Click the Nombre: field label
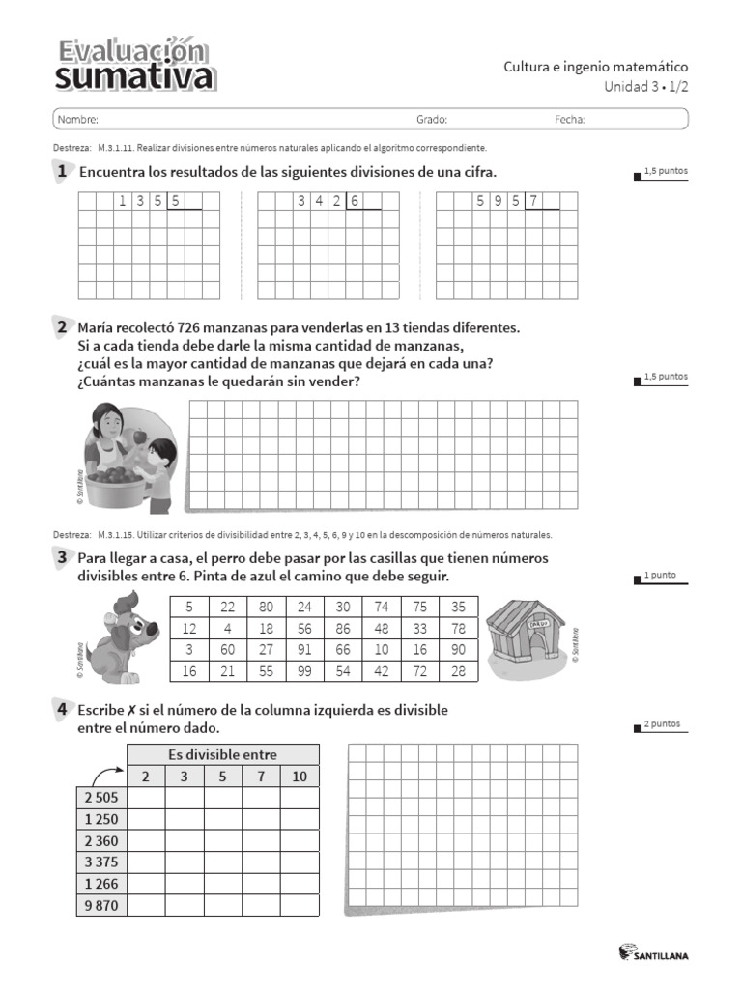point(78,120)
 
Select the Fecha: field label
point(570,120)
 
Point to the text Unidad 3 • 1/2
point(648,86)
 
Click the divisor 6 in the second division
point(355,202)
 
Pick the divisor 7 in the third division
point(533,202)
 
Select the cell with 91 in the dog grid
point(305,650)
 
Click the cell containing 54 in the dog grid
point(343,671)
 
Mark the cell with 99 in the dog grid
point(305,671)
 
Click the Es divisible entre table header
point(222,754)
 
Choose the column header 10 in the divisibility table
point(299,776)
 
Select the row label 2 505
point(100,797)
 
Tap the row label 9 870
point(100,905)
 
